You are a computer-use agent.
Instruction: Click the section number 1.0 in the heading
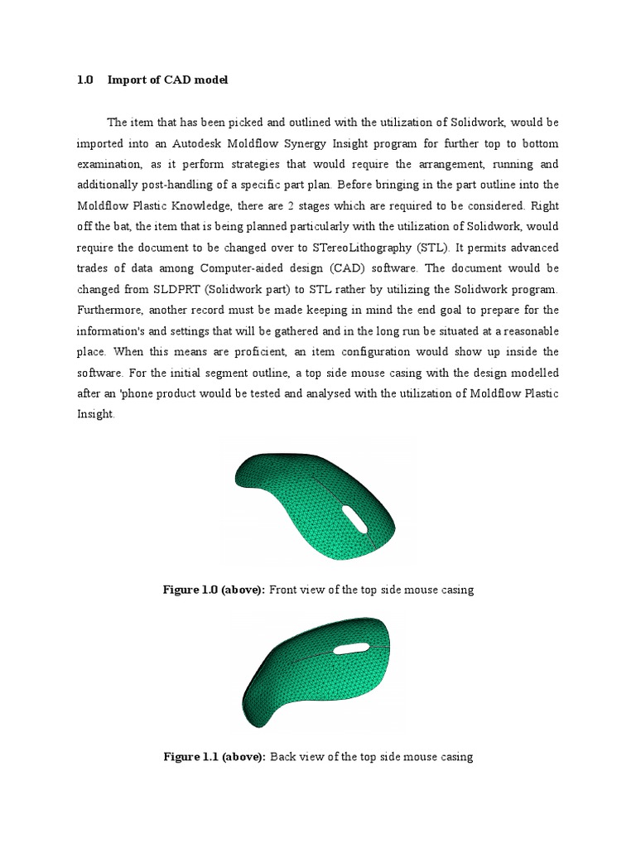85,80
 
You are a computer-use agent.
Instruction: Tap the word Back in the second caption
285,757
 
